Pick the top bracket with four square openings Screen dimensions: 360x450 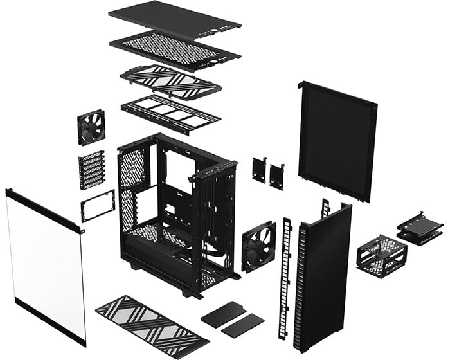(170, 114)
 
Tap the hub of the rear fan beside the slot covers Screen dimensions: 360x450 (91, 127)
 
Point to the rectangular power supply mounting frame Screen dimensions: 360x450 (97, 206)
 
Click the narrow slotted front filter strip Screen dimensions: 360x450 (285, 276)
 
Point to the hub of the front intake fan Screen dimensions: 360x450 (258, 247)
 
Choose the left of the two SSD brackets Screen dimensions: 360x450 (259, 169)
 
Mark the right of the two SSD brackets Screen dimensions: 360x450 (277, 175)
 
